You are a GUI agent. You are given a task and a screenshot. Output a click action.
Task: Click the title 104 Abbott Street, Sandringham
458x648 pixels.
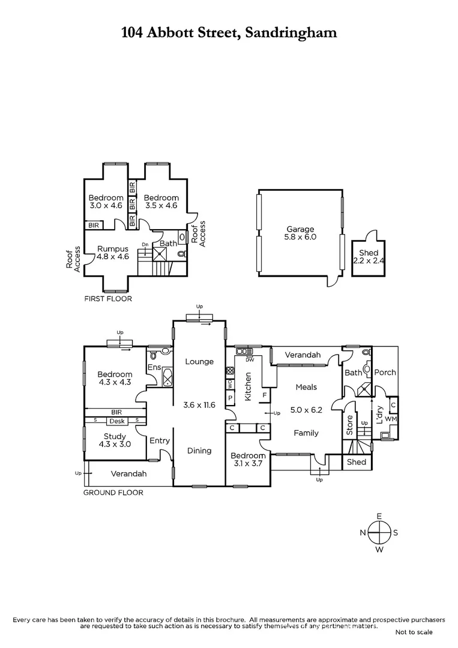coord(229,32)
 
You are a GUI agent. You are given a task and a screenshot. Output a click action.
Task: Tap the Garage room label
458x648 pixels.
coord(300,229)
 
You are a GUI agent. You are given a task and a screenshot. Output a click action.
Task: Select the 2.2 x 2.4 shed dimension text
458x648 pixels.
coord(369,262)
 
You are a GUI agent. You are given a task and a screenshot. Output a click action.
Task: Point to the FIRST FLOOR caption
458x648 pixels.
coord(107,298)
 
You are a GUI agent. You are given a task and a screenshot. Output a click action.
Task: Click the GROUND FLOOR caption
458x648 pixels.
coord(113,493)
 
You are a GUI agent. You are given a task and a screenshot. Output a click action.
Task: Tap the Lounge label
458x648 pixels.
coord(199,361)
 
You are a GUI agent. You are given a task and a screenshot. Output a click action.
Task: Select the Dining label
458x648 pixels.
coord(199,451)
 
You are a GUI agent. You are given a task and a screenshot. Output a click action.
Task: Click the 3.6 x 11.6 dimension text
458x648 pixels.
coord(199,405)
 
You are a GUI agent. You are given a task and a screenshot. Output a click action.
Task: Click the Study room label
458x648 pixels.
coord(113,436)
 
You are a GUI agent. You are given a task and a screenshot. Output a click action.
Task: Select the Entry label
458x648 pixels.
coord(160,441)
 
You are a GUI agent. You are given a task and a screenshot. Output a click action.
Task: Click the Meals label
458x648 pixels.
coord(306,387)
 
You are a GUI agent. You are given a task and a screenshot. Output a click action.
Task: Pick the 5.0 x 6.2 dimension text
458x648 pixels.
coord(306,411)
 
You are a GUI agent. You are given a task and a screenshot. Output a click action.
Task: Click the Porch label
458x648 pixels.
coord(385,372)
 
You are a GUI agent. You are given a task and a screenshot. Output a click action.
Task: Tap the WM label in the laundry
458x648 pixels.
coord(391,418)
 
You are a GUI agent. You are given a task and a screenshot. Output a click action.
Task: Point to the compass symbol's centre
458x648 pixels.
coord(379,532)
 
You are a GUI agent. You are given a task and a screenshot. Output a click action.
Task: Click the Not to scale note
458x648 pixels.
coord(414,632)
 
